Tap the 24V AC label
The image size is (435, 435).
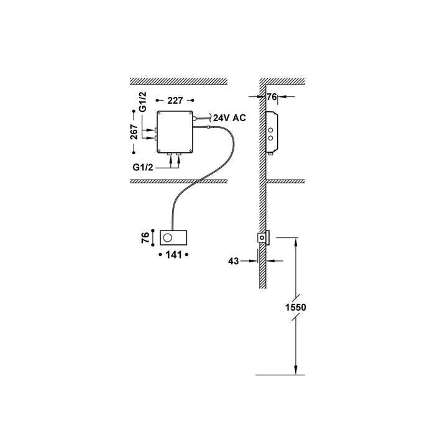229,117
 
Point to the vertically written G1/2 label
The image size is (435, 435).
142,101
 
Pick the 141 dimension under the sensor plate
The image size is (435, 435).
175,255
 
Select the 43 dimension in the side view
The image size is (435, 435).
234,262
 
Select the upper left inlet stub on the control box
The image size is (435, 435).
155,129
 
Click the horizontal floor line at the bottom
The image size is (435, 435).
280,375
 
